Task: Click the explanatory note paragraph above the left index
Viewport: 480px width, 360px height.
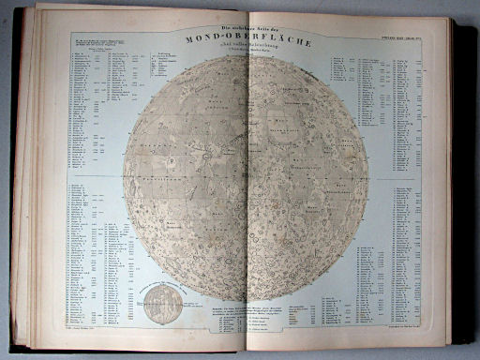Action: [94, 43]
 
